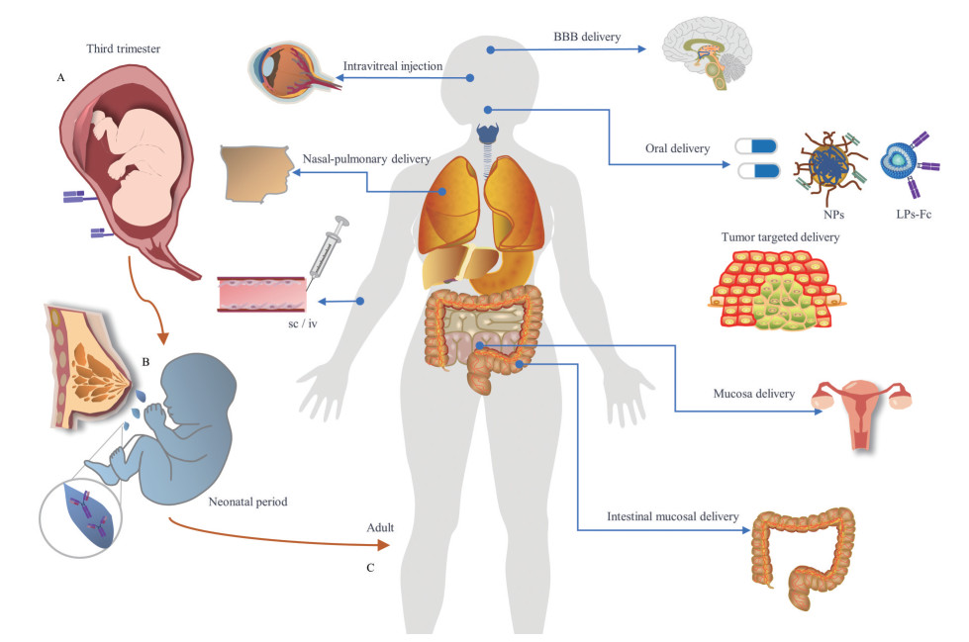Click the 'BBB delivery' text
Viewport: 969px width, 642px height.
[x=588, y=38]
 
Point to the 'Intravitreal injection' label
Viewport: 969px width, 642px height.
[x=392, y=67]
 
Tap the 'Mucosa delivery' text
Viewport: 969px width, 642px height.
[x=754, y=394]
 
